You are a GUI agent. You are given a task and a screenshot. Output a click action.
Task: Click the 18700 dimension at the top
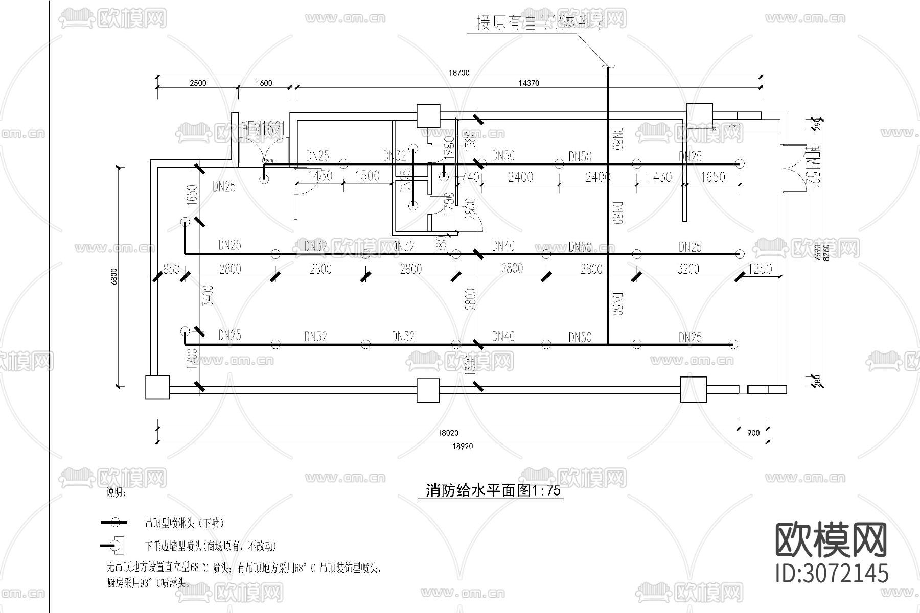click(458, 73)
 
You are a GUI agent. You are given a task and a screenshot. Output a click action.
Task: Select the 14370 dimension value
click(528, 83)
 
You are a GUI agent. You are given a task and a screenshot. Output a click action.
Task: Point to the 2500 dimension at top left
click(198, 83)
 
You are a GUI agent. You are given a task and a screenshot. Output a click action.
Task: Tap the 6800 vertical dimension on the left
click(114, 276)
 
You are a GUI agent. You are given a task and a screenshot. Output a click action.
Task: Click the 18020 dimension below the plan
click(448, 433)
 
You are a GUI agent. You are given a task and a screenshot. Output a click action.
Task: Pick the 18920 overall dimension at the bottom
click(463, 446)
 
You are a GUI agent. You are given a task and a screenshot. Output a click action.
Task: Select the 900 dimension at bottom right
click(753, 433)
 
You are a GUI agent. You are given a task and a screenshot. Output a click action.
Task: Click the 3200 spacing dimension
click(688, 269)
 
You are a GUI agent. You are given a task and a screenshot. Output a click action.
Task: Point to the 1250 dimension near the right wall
click(760, 269)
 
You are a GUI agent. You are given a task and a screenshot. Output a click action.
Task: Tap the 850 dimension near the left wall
click(171, 269)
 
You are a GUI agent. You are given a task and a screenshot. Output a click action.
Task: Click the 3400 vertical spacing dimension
click(208, 296)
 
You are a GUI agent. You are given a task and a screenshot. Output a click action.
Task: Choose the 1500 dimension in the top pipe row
click(367, 176)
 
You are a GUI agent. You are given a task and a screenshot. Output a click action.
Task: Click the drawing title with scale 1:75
click(493, 491)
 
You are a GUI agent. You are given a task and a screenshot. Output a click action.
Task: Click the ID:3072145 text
click(832, 573)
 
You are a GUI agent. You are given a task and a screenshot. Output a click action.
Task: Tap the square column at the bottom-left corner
click(157, 388)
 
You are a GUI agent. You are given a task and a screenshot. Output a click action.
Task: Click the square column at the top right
click(699, 115)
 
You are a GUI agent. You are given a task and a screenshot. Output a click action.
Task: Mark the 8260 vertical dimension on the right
click(826, 251)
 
